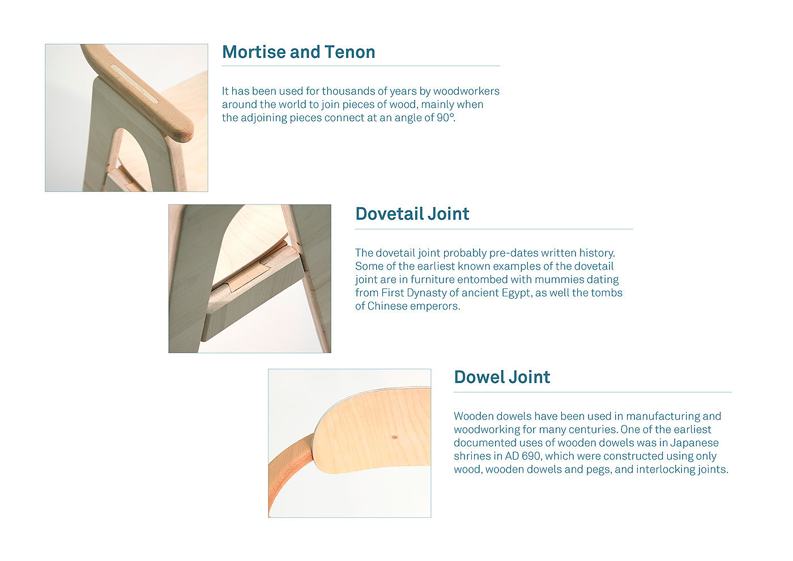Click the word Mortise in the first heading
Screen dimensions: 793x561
(x=254, y=52)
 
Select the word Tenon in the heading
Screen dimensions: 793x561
(x=350, y=52)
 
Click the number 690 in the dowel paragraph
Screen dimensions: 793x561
(x=531, y=456)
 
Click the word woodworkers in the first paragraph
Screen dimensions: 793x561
(x=466, y=91)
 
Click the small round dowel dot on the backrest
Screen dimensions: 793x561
(x=395, y=437)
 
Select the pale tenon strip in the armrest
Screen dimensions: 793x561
(x=134, y=84)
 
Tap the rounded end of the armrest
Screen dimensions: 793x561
(x=185, y=131)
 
